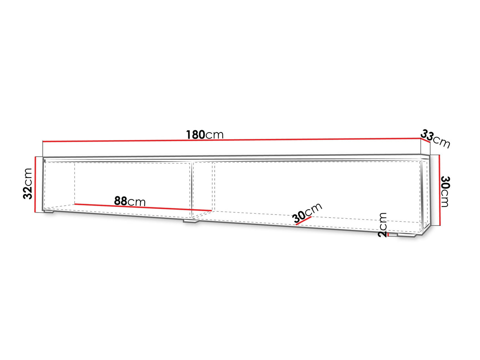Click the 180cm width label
click(x=205, y=135)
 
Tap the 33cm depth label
click(x=435, y=139)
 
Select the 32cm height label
click(x=28, y=184)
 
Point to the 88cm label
click(x=130, y=201)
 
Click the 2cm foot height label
click(x=382, y=225)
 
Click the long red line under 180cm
click(x=232, y=140)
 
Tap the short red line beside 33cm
click(x=425, y=140)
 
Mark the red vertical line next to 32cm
click(x=35, y=184)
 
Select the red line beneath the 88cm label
click(x=143, y=208)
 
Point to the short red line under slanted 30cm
click(x=303, y=221)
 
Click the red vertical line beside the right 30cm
click(x=439, y=190)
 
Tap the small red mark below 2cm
click(x=388, y=235)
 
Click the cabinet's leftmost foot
click(x=49, y=212)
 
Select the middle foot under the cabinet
click(x=191, y=221)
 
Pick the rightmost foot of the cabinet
click(x=406, y=236)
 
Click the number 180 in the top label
click(x=195, y=135)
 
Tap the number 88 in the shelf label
click(x=121, y=201)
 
